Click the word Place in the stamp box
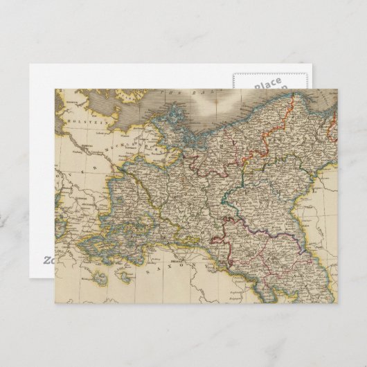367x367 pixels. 267,83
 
